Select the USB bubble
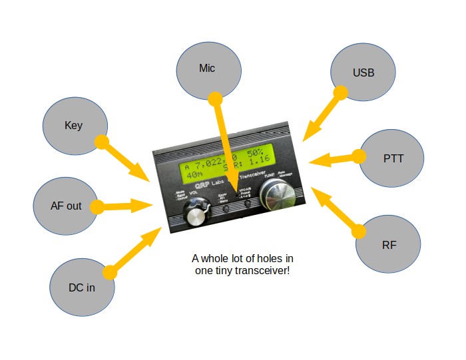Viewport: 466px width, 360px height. pos(363,73)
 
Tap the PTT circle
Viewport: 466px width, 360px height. pos(393,159)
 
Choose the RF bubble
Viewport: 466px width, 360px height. pos(389,244)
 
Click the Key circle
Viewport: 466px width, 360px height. pos(74,125)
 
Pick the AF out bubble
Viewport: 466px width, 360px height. pos(65,206)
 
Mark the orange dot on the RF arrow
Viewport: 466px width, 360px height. pos(360,231)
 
